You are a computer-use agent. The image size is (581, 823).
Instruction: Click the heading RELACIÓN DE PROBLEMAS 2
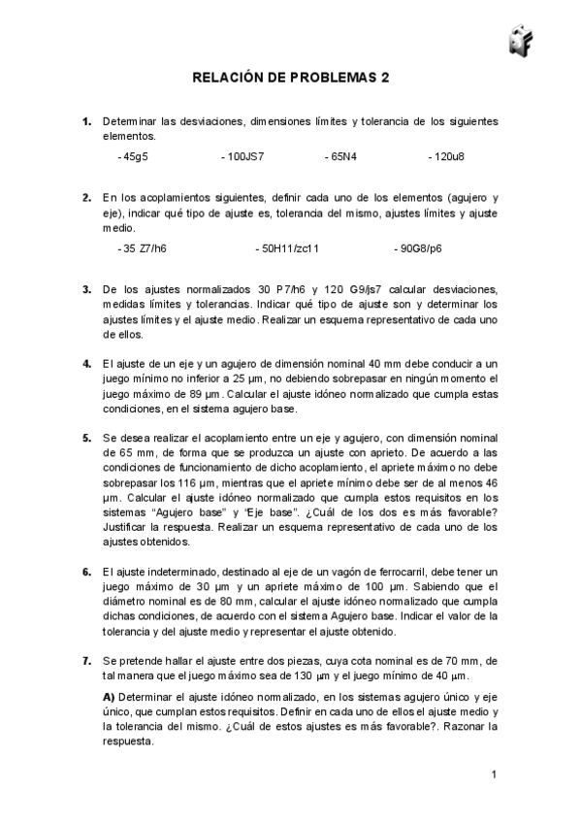pyautogui.click(x=290, y=80)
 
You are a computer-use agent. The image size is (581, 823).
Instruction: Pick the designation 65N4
pyautogui.click(x=341, y=155)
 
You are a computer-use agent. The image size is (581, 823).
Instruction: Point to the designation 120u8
pyautogui.click(x=446, y=155)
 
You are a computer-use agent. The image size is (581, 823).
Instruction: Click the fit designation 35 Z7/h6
pyautogui.click(x=142, y=248)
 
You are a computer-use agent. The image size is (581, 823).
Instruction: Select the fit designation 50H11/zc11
pyautogui.click(x=287, y=248)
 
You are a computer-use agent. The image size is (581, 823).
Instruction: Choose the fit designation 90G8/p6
pyautogui.click(x=418, y=248)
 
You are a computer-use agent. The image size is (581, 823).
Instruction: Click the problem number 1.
pyautogui.click(x=86, y=121)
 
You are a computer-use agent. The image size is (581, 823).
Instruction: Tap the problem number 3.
pyautogui.click(x=86, y=289)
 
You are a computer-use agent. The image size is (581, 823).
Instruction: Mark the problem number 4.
pyautogui.click(x=86, y=362)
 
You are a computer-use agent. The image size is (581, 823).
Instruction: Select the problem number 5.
pyautogui.click(x=86, y=437)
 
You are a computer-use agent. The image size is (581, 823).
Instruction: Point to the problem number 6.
pyautogui.click(x=86, y=573)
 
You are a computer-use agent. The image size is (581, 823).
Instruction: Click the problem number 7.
pyautogui.click(x=86, y=660)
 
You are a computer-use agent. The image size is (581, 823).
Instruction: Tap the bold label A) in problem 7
pyautogui.click(x=109, y=697)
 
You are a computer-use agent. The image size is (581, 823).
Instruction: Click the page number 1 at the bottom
pyautogui.click(x=494, y=774)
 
